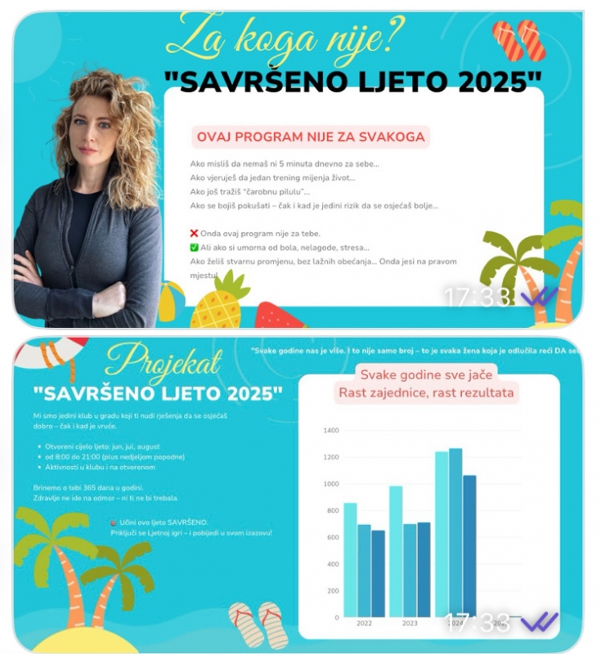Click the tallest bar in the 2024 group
(455, 531)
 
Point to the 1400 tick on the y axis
(330, 430)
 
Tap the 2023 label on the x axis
(410, 623)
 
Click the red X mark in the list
(194, 233)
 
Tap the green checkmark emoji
(194, 247)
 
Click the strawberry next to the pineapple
(269, 316)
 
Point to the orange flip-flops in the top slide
(519, 41)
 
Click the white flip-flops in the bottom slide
(254, 625)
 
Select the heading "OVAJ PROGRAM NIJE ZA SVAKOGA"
(310, 136)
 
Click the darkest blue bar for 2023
(424, 569)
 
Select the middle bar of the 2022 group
(364, 571)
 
